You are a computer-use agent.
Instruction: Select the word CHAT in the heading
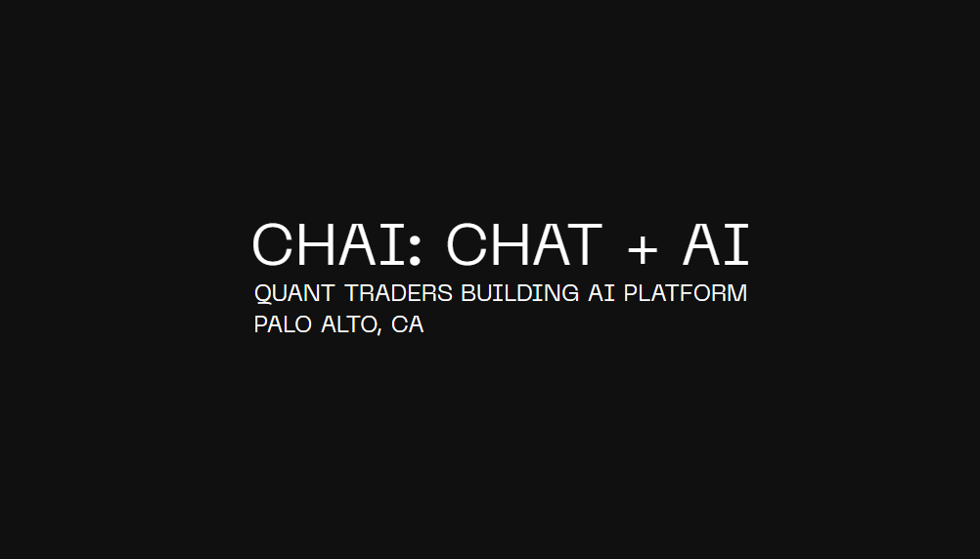523,244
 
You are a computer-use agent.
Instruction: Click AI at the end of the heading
716,244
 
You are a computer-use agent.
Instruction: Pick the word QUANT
294,293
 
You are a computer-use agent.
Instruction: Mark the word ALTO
348,324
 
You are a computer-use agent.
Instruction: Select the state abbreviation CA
407,324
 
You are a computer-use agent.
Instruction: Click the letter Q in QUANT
263,293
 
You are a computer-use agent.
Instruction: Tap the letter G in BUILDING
569,293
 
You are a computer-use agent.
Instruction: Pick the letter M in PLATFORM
736,293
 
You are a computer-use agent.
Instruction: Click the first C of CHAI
273,244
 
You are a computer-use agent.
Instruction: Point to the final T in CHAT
582,244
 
